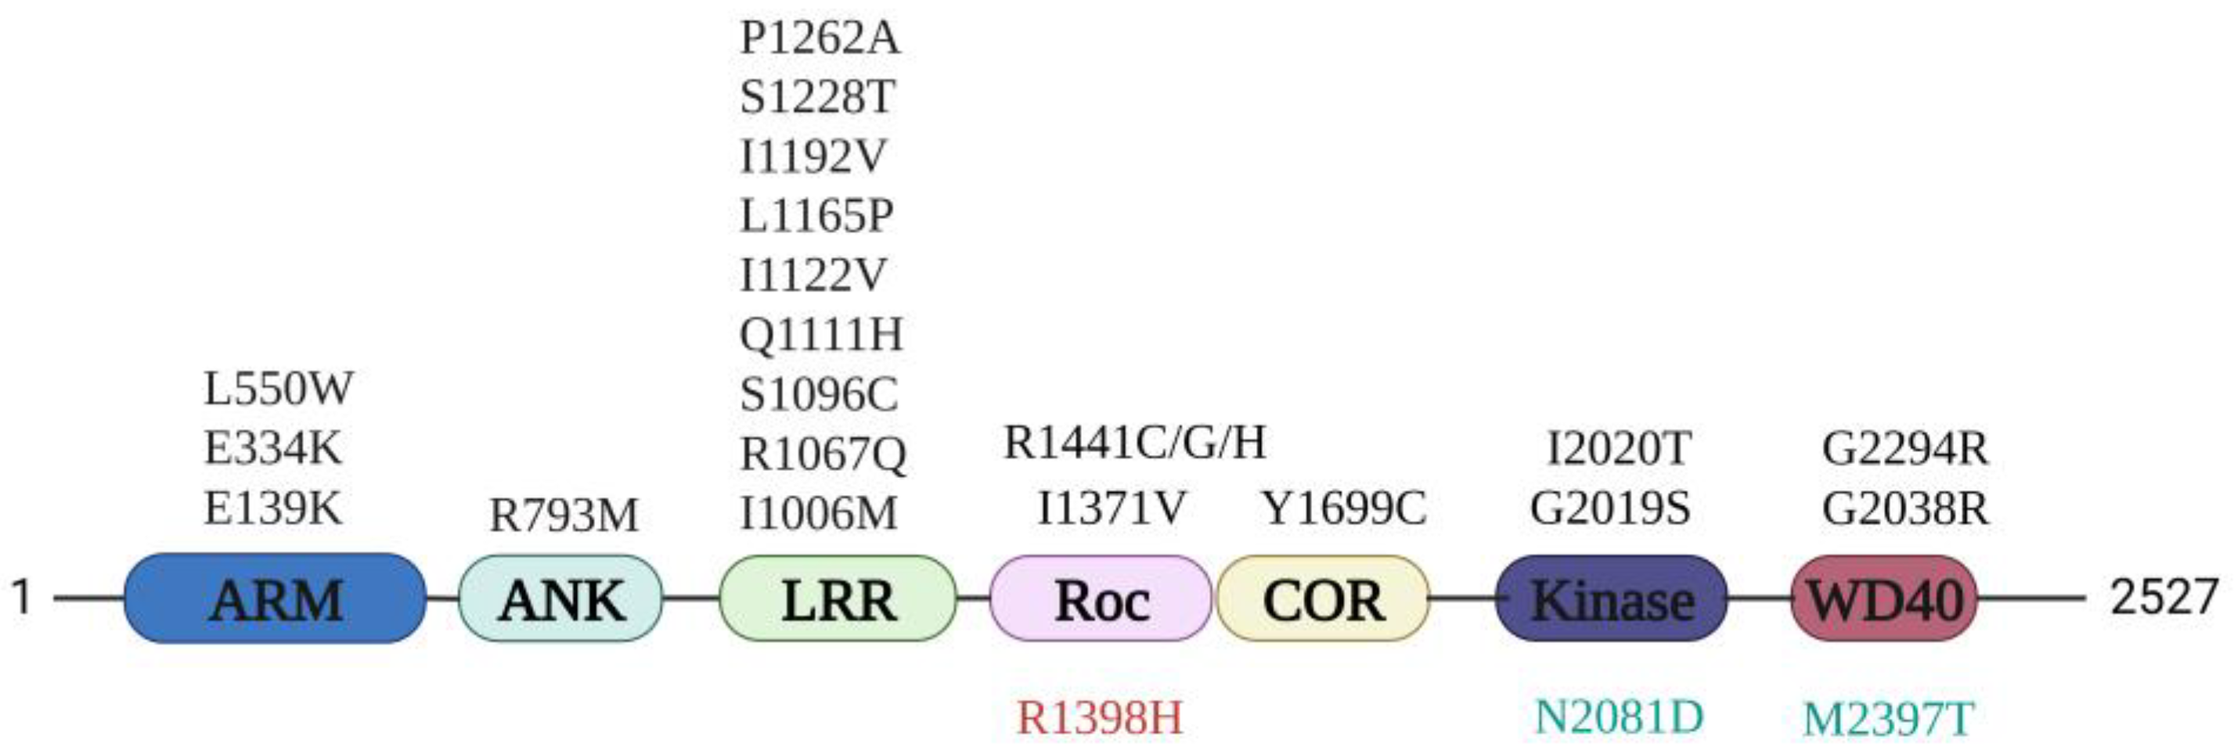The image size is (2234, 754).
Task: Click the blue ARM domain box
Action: [x=276, y=599]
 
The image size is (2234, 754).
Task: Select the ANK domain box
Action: [x=560, y=599]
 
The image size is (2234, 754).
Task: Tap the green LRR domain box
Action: [x=838, y=599]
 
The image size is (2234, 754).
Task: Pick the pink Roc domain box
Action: [x=1101, y=599]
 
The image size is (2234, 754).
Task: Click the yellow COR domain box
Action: [x=1323, y=599]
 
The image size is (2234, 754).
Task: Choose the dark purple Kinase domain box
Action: [x=1612, y=599]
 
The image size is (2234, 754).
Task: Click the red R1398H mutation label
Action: [x=1100, y=717]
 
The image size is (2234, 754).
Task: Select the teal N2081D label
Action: [x=1618, y=716]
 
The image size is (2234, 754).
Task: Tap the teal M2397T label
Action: [x=1888, y=720]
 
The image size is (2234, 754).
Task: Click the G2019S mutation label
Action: [x=1609, y=508]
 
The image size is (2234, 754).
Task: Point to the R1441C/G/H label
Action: [x=1134, y=443]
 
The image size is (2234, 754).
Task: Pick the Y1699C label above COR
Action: [x=1344, y=508]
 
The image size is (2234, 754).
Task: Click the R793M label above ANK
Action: [x=564, y=515]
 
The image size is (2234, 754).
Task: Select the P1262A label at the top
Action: [x=820, y=38]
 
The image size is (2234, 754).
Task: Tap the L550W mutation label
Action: [x=279, y=388]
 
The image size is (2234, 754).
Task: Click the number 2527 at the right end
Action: [x=2163, y=597]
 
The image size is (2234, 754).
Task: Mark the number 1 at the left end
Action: [x=22, y=597]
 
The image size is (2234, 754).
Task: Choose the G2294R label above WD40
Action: [x=1904, y=449]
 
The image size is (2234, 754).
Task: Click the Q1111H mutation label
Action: [x=821, y=335]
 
